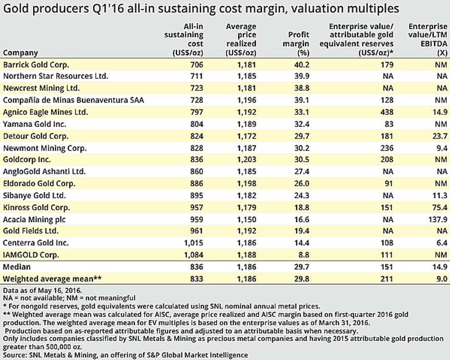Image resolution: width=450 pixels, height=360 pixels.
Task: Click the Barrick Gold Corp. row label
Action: pos(36,65)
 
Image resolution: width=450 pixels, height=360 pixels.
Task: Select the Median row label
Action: pos(17,267)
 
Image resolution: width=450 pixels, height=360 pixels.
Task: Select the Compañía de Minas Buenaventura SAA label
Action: pos(73,101)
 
